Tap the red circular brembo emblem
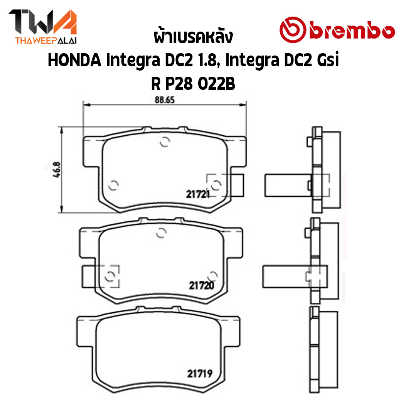pos(293,30)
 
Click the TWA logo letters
pos(43,22)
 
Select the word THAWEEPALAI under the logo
pos(46,40)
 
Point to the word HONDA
pos(74,61)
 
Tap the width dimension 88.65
pos(164,99)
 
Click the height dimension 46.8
pos(57,170)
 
